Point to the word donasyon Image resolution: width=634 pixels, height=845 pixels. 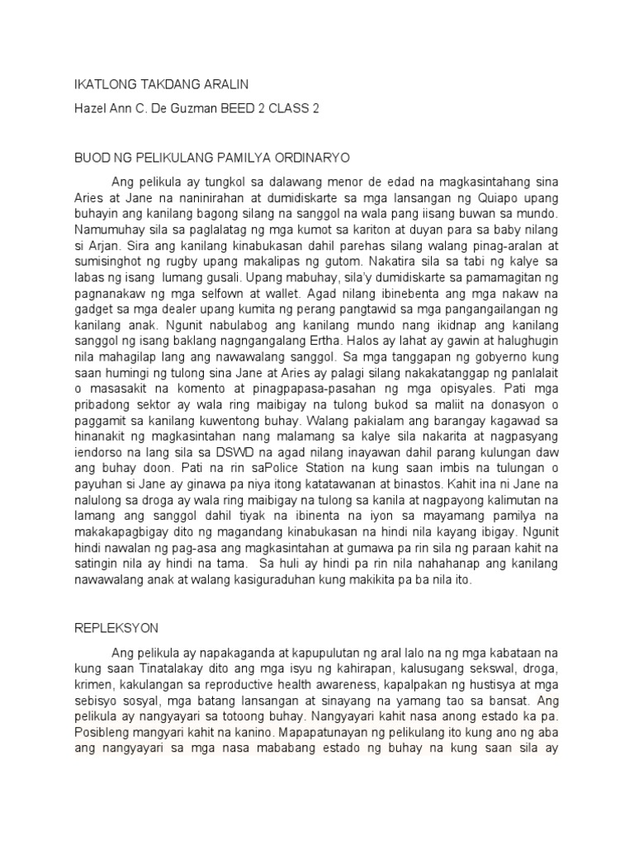(x=518, y=437)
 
